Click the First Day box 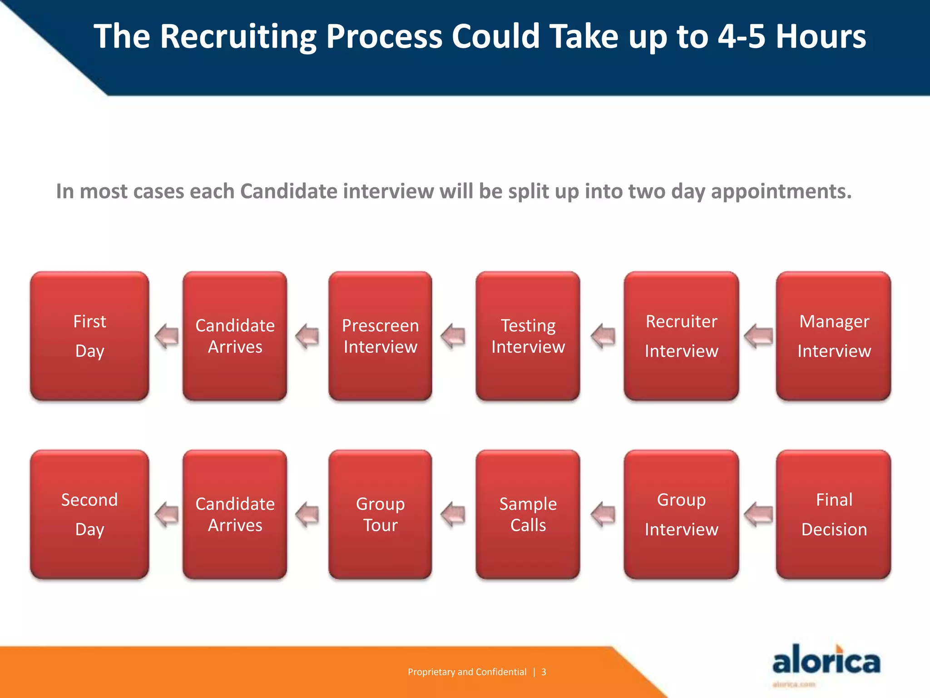click(89, 336)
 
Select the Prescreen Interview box click(380, 336)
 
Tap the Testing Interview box click(528, 336)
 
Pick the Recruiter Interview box click(681, 336)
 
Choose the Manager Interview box click(833, 336)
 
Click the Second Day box click(89, 514)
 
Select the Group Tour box click(380, 514)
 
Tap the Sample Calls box click(528, 514)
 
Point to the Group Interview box click(681, 514)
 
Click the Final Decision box click(833, 514)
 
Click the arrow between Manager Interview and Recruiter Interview click(758, 336)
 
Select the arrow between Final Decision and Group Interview click(758, 514)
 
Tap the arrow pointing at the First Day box click(167, 336)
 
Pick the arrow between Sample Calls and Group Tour click(453, 514)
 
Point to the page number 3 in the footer click(544, 672)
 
